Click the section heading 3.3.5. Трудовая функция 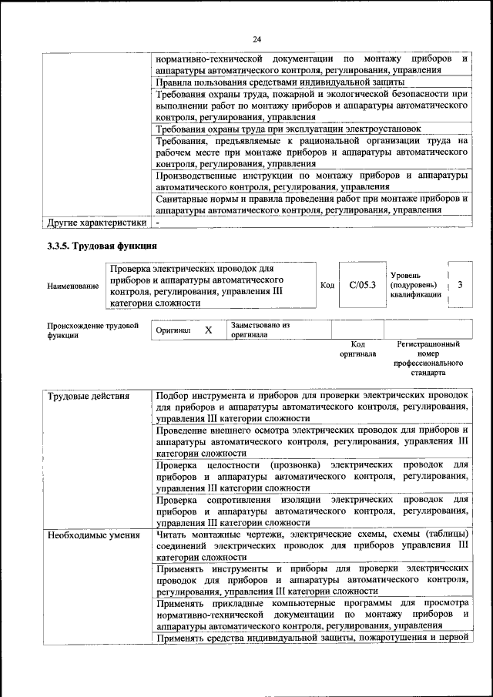(99, 246)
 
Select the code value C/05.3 (361, 285)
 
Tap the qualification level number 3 (460, 285)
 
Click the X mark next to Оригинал (208, 330)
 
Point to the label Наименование (72, 287)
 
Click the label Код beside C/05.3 (327, 286)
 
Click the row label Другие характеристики (96, 223)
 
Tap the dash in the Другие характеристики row (158, 223)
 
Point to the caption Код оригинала (357, 349)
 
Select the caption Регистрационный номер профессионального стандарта (428, 358)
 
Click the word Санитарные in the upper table (183, 198)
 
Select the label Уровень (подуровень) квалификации (416, 284)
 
